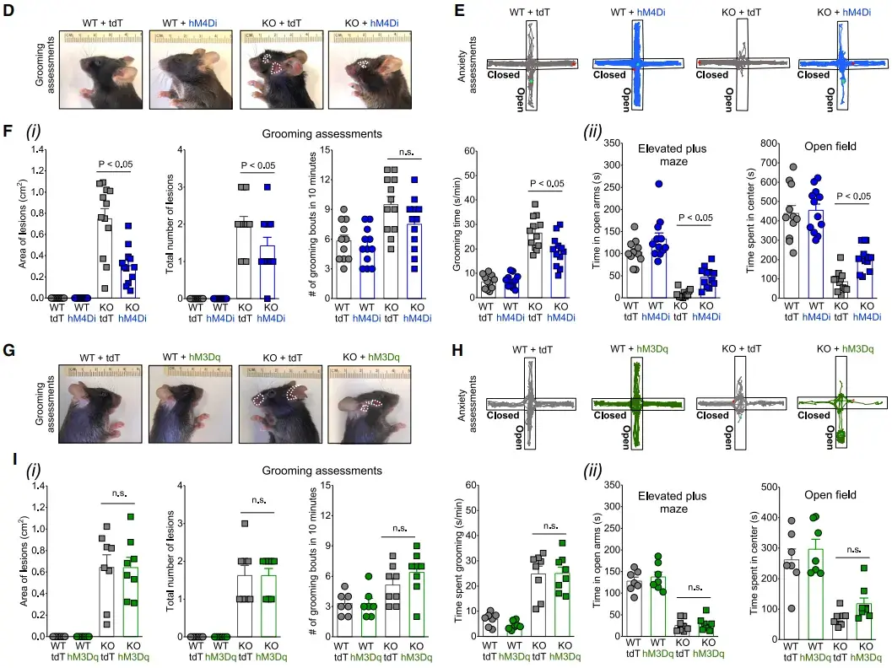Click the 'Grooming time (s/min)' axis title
pos(461,223)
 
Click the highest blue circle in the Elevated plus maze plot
pos(658,184)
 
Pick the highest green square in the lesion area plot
pos(131,516)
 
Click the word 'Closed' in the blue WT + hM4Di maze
pos(609,75)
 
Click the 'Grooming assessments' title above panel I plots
pos(323,470)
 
